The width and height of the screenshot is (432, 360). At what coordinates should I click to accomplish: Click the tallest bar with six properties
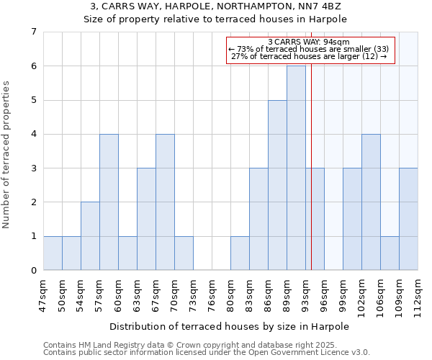[296, 168]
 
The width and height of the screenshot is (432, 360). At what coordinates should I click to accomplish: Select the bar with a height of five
[277, 185]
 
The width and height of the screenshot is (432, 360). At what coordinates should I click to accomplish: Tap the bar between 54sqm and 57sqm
[90, 236]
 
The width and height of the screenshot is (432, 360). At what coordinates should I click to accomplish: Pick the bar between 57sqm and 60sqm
[109, 202]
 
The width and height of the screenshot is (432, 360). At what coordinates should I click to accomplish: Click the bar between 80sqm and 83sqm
[240, 253]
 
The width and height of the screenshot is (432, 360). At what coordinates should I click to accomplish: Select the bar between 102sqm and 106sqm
[371, 202]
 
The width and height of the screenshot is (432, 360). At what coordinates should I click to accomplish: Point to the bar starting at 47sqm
[53, 253]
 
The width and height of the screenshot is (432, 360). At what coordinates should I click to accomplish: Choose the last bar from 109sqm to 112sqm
[408, 219]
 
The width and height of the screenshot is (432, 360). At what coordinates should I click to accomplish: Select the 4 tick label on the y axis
[33, 134]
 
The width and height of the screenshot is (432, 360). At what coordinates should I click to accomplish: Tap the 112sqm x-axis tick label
[418, 296]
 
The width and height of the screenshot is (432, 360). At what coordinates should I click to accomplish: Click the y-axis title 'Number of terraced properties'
[6, 155]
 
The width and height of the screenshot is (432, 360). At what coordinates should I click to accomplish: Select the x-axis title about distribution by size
[229, 326]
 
